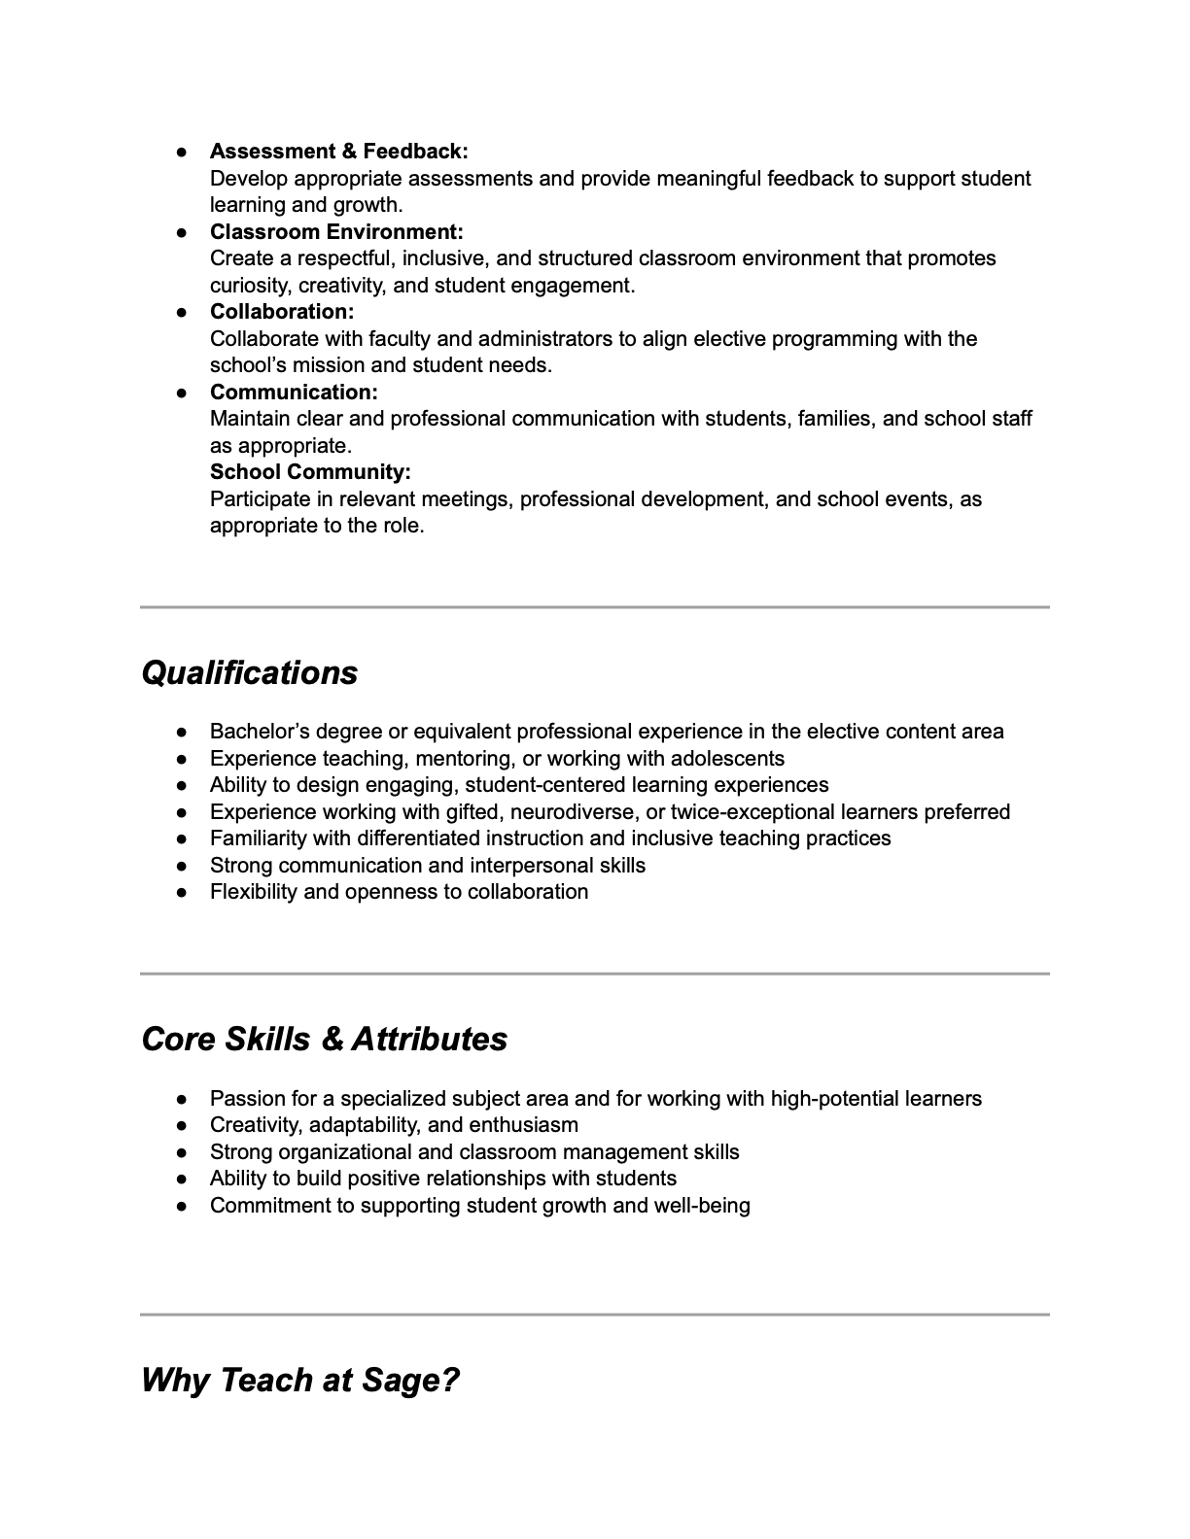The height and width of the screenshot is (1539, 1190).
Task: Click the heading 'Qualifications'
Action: [x=250, y=673]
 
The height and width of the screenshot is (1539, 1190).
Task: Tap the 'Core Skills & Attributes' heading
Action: [x=324, y=1040]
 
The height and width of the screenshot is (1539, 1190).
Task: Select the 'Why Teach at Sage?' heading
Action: [x=299, y=1381]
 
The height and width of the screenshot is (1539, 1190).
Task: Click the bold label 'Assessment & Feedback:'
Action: [x=338, y=152]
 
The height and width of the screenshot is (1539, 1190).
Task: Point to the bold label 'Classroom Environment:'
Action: [x=336, y=232]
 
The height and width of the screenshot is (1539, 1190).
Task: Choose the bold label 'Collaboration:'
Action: [x=282, y=312]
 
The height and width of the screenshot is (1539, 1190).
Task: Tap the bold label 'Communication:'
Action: [x=294, y=393]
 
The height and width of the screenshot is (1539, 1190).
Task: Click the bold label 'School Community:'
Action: [x=310, y=472]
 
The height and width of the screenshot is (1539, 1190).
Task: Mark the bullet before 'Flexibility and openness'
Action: [x=182, y=893]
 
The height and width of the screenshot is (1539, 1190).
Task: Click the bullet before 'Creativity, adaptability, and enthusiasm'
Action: [x=182, y=1126]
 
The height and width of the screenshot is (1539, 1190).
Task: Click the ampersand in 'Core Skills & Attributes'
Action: [x=332, y=1040]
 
